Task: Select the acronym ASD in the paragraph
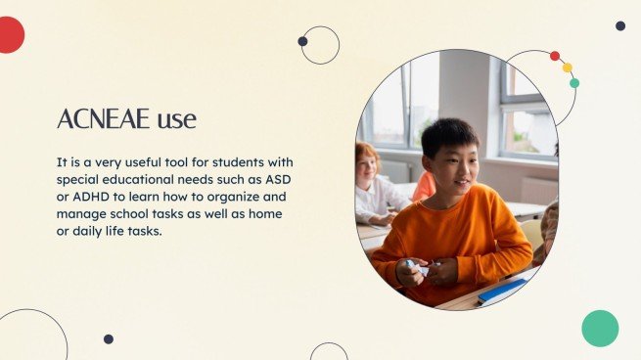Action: [x=280, y=180]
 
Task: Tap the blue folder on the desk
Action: [x=501, y=290]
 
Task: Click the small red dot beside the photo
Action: [x=555, y=56]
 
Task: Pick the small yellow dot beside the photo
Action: [x=567, y=67]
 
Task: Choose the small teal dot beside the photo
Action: [x=574, y=83]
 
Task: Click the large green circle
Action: [x=600, y=329]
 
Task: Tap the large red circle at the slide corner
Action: [x=8, y=35]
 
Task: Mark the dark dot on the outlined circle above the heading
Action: [x=302, y=41]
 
